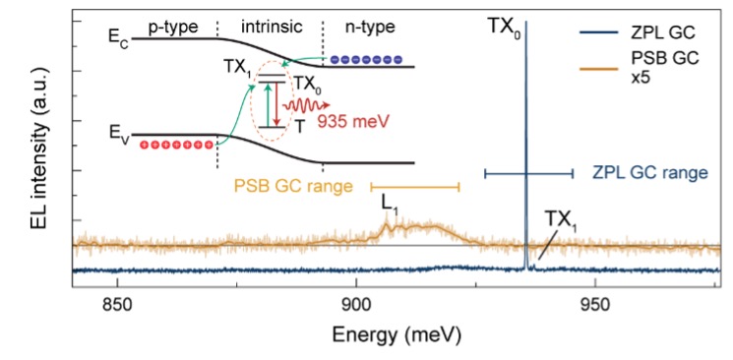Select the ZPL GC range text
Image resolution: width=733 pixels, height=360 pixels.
click(x=649, y=173)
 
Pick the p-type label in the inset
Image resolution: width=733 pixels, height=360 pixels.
click(x=172, y=19)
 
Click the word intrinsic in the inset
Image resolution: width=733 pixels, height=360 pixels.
click(x=269, y=19)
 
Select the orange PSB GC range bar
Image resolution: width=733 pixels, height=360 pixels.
click(x=414, y=185)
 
